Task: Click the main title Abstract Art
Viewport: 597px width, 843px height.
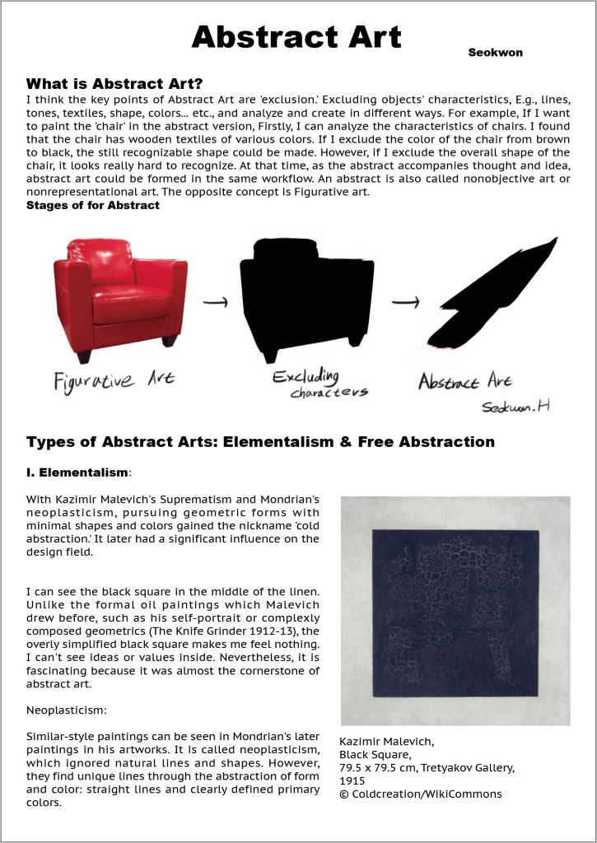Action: (296, 37)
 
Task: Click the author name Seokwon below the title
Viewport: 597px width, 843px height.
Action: (495, 53)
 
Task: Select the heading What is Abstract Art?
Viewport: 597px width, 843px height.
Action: (114, 84)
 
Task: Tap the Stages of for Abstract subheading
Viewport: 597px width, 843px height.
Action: (93, 205)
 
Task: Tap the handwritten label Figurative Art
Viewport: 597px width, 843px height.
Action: (114, 380)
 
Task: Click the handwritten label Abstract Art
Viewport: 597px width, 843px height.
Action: (464, 381)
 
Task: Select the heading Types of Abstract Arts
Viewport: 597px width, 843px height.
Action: (260, 442)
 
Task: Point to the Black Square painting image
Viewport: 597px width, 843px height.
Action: (455, 610)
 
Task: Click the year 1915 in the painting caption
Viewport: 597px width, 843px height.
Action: (352, 780)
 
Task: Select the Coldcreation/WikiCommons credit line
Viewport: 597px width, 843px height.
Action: (420, 794)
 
